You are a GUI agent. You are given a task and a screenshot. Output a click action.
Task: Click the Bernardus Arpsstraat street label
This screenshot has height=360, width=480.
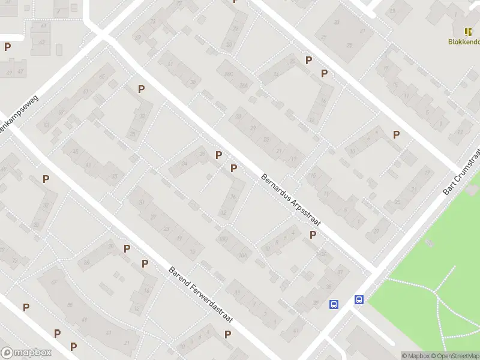pos(291,200)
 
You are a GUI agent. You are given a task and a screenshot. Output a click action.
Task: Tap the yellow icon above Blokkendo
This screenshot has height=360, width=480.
pos(467,32)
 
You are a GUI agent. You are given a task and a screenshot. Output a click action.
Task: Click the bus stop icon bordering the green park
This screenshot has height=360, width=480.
pos(359,300)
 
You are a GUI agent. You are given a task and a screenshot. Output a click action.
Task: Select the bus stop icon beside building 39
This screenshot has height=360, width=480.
pos(333,304)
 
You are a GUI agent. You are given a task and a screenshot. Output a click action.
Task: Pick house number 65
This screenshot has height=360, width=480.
pos(101,77)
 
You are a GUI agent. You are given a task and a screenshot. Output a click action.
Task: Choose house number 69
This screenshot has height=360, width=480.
pos(138,38)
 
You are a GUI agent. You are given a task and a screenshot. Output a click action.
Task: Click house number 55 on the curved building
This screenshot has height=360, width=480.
pos(70,305)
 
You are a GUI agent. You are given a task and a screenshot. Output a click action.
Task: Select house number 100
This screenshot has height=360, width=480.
pos(223,239)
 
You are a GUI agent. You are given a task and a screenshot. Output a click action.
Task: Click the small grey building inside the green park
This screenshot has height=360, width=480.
pos(428,243)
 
